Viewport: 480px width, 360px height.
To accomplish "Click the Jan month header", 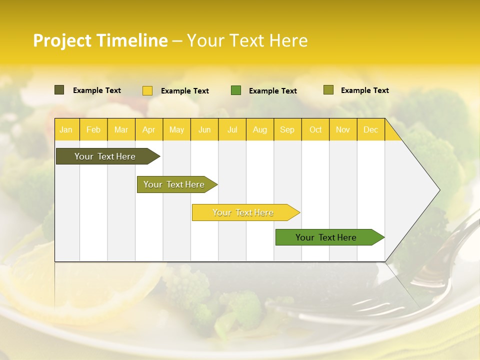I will click(66, 129).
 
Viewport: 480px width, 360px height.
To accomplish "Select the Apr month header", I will click(148, 129).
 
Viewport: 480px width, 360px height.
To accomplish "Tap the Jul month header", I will click(232, 129).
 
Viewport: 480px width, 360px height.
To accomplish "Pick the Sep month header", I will click(287, 129).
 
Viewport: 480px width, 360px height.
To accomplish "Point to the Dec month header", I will click(370, 129).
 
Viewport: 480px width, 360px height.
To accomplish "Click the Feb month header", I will click(93, 129).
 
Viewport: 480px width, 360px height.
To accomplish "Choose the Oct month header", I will click(315, 129).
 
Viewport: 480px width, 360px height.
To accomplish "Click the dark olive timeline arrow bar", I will click(105, 156).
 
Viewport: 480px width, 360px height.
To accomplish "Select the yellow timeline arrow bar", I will click(243, 212).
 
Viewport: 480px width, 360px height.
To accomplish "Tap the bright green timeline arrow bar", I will click(326, 237).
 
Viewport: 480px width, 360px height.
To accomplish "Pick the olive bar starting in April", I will click(174, 184).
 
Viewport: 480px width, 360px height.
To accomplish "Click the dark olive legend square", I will click(59, 90).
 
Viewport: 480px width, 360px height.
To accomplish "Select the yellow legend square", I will click(147, 90).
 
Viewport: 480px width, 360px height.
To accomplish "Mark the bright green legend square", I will click(236, 90).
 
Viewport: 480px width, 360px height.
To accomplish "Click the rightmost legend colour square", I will click(328, 90).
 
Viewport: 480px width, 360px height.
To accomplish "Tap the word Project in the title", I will click(61, 40).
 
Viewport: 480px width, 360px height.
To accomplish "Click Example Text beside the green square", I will click(272, 91).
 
